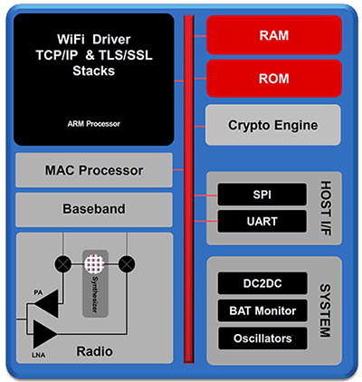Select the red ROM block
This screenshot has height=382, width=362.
point(274,79)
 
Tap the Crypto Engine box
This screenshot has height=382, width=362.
point(274,124)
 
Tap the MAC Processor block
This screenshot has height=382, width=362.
point(94,170)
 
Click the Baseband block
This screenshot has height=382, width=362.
point(94,208)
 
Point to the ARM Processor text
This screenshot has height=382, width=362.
point(94,122)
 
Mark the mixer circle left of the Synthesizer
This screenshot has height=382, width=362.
point(62,264)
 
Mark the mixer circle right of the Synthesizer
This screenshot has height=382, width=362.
point(127,264)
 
